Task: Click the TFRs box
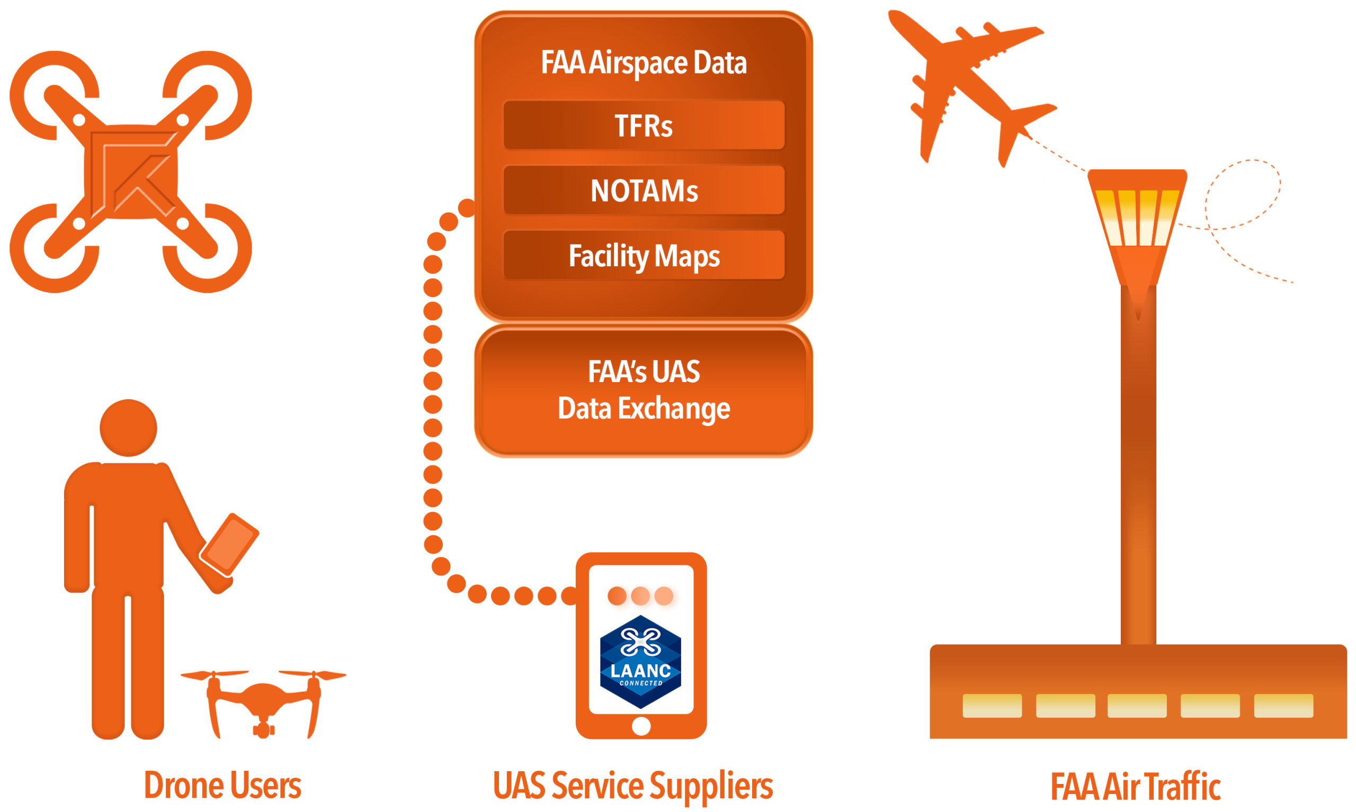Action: (644, 125)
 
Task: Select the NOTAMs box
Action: (644, 191)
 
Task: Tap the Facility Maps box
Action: (644, 256)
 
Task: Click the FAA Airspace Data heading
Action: (644, 62)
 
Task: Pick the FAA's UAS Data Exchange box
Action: (644, 391)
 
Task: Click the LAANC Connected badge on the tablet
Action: (640, 662)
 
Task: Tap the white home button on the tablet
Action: (641, 726)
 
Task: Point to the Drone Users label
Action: (222, 786)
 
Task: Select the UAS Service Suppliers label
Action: (633, 786)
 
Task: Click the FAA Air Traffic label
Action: (1135, 787)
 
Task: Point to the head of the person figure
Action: (129, 428)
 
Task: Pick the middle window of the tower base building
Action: (1137, 705)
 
